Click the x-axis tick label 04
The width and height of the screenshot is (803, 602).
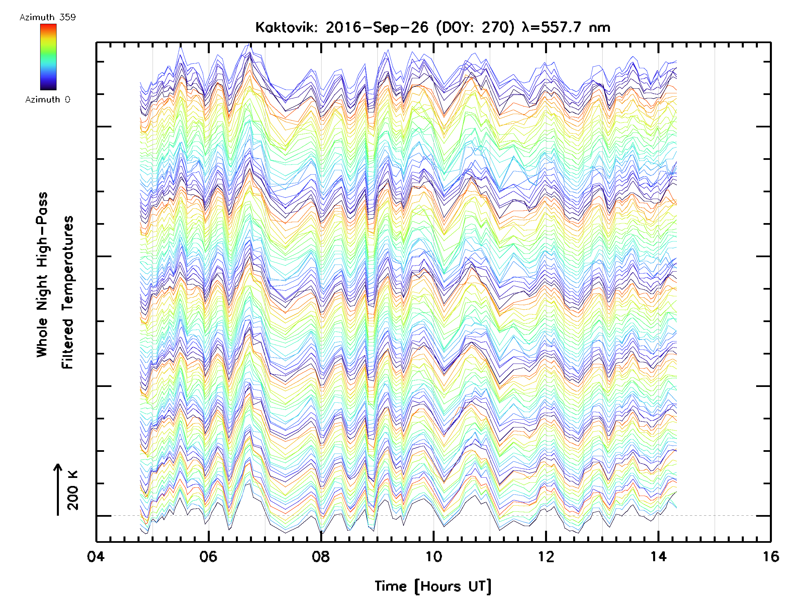click(x=96, y=556)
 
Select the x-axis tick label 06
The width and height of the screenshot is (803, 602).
click(x=208, y=556)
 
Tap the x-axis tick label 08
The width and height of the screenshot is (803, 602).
click(x=321, y=556)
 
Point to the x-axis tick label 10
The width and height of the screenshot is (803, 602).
click(x=433, y=556)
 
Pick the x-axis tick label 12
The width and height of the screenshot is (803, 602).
click(x=546, y=556)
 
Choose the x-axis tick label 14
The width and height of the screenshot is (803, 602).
click(x=658, y=556)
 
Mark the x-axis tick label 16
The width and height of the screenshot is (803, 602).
click(x=771, y=556)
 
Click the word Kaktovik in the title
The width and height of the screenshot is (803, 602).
click(x=286, y=27)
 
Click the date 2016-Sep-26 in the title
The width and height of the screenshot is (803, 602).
click(x=377, y=27)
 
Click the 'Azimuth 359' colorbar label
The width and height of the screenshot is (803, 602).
click(x=48, y=17)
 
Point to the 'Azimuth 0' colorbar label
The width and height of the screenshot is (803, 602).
click(x=48, y=99)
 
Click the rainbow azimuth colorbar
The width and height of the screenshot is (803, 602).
click(x=48, y=57)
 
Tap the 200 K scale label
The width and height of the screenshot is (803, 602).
click(x=73, y=490)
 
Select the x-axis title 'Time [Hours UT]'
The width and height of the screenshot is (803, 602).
click(x=433, y=586)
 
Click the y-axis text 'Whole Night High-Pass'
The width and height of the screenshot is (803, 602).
click(x=42, y=275)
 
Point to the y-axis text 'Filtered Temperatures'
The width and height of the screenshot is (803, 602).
click(x=68, y=293)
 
